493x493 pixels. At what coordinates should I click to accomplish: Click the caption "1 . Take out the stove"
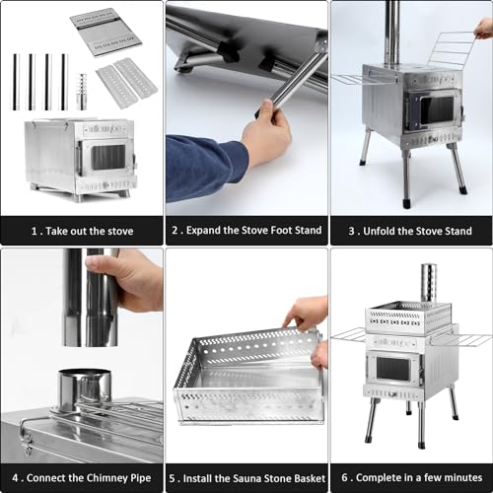coord(81,231)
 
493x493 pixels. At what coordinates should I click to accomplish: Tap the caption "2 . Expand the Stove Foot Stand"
coord(246,231)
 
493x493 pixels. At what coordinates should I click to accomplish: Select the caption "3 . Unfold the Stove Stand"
coord(410,231)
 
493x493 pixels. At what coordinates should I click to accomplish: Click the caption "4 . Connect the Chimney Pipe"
coord(81,477)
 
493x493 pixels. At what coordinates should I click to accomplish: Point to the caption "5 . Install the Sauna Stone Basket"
coord(246,477)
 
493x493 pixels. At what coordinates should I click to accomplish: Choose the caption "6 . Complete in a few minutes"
coord(410,477)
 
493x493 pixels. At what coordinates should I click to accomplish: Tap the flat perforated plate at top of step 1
coord(106,32)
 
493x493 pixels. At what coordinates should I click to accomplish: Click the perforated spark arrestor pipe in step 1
coord(82,91)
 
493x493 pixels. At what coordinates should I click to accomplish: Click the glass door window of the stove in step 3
coord(435,110)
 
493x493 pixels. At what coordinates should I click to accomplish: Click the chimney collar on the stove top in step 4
coord(83,388)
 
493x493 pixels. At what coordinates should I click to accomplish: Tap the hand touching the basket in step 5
coord(307,316)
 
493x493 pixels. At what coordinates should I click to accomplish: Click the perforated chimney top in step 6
coord(428,282)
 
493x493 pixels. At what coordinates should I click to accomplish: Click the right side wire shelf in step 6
coord(470,340)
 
